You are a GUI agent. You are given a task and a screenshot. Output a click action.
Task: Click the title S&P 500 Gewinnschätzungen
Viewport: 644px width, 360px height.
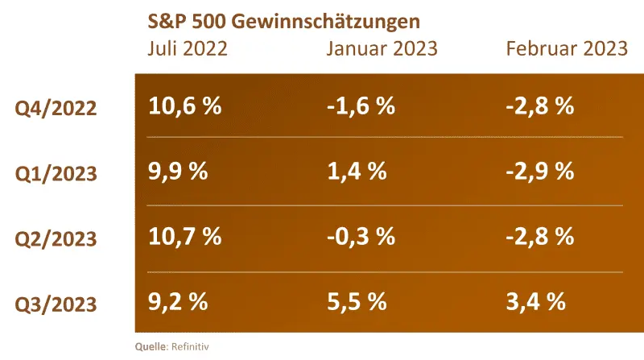coord(285,19)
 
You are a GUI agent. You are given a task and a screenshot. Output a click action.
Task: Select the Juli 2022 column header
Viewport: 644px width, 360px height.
coord(188,48)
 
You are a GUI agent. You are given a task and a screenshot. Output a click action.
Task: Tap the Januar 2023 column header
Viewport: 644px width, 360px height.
coord(382,48)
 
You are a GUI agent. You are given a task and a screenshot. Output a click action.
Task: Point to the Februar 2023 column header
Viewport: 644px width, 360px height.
coord(567,48)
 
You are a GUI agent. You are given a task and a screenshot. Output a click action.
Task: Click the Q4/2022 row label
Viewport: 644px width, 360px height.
coord(56,107)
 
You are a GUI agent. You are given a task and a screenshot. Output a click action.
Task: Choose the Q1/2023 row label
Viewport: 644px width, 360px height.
coord(56,172)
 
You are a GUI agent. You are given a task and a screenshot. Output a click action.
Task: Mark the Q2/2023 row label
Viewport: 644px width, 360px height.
coord(56,238)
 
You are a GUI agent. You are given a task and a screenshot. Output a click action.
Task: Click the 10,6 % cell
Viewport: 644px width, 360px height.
coord(185,106)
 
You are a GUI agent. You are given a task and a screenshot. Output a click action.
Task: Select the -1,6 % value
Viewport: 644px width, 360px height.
coord(361,106)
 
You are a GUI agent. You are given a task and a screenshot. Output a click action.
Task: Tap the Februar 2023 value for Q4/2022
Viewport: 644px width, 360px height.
coord(539,106)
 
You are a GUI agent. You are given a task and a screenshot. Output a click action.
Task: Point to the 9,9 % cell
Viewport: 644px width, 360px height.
coord(179,171)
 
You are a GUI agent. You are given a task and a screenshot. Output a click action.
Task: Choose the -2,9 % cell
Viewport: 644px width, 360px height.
coord(539,171)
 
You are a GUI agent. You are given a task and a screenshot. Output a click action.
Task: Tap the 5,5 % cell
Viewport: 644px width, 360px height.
coord(356,302)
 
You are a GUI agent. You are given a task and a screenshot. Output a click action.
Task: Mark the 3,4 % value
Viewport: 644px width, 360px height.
coord(535,302)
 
